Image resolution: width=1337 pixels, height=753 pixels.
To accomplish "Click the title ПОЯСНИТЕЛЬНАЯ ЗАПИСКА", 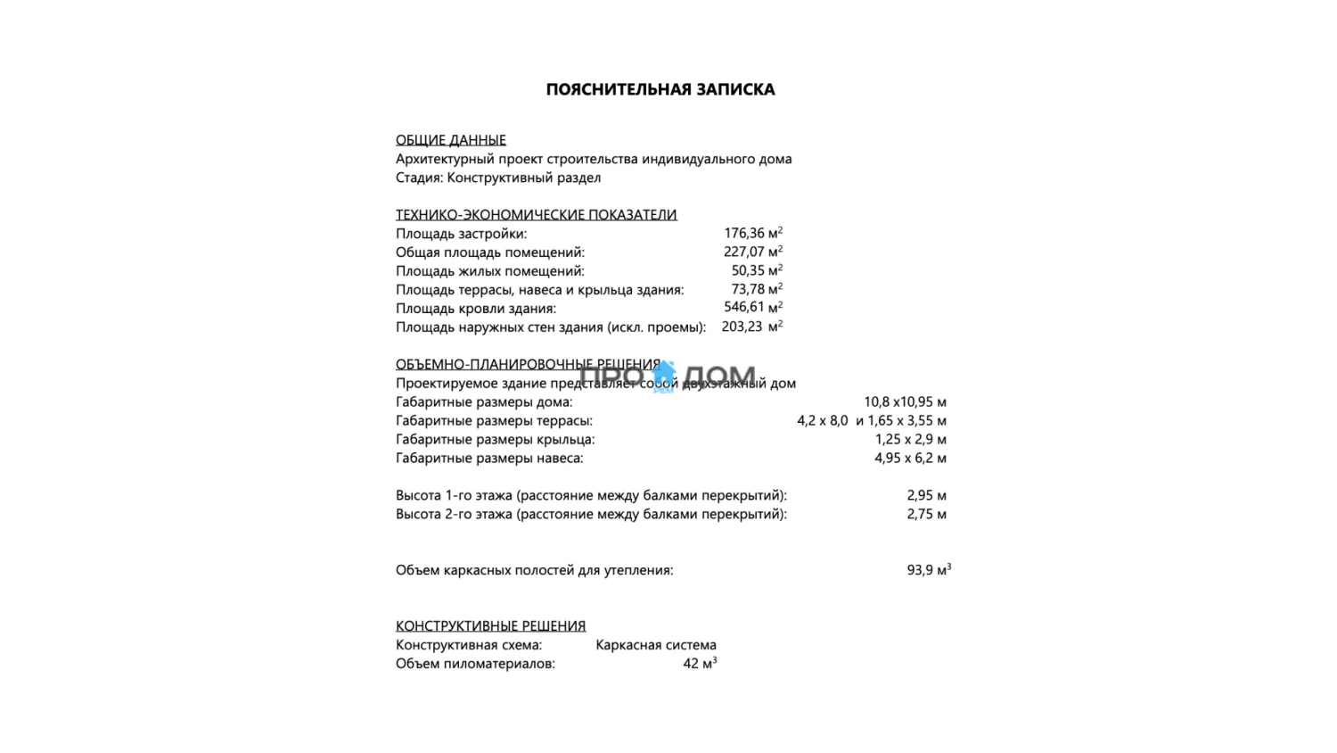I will coord(660,89).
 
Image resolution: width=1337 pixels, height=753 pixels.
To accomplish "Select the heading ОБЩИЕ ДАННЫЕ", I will coord(451,140).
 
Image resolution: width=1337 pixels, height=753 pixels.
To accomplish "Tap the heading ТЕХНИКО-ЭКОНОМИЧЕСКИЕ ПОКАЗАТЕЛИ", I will coord(536,215).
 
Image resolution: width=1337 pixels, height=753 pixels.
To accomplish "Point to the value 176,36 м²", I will coord(753,234).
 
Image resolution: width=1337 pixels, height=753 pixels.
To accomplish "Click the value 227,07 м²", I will coord(753,252).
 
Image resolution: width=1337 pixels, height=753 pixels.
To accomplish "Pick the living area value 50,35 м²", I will coord(757,271).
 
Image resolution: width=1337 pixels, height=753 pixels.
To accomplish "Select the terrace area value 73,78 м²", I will coord(757,290).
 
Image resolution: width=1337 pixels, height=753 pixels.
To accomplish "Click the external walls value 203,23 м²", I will coord(751,327).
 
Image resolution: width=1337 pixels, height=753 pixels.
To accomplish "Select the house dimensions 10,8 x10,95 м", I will coord(905,402).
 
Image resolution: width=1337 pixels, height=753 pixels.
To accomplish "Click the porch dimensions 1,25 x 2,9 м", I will coord(910,440).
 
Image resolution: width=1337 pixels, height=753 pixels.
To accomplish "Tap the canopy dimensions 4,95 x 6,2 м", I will coord(910,459).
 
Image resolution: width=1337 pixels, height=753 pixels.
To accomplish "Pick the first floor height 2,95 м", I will coord(926,496).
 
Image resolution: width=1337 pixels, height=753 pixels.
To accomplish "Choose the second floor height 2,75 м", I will coord(926,515).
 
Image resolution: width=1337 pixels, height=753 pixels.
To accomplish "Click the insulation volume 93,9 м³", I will coord(929,570).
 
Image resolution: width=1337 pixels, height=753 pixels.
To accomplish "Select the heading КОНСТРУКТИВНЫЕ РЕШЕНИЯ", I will coord(491,626).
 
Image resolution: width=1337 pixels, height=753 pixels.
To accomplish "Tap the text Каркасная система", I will coord(656,645).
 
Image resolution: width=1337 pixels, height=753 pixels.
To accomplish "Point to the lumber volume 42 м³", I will coord(700,664).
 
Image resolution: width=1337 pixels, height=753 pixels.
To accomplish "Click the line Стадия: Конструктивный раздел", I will coord(498,178).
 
